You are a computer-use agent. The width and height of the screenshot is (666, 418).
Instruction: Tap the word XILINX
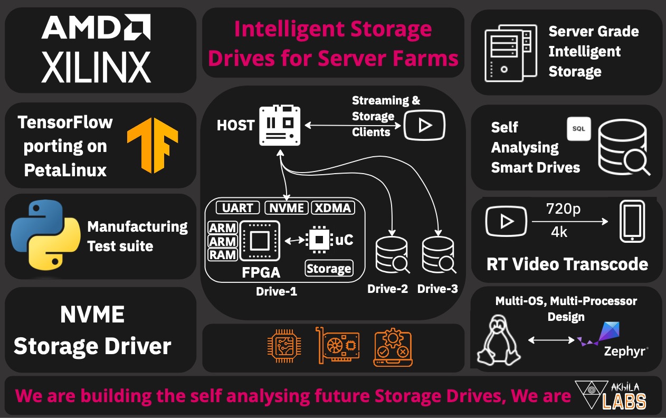pos(96,67)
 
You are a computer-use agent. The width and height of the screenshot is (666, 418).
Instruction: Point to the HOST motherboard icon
pos(280,125)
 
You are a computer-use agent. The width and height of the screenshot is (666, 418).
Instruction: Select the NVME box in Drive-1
pos(286,208)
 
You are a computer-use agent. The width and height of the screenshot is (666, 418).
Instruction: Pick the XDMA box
pos(332,208)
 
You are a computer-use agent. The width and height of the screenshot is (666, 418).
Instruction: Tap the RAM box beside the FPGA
pos(222,255)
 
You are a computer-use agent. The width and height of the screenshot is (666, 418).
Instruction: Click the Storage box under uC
pos(329,269)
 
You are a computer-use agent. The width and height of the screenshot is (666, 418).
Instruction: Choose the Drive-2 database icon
pos(392,254)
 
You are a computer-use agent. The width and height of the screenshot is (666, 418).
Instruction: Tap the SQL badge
pos(578,129)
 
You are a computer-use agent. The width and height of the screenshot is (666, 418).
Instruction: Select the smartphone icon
pos(632,221)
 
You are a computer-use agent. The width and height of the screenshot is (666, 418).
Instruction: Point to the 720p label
pos(563,209)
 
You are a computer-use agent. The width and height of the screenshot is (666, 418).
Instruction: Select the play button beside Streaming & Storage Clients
pos(424,126)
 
